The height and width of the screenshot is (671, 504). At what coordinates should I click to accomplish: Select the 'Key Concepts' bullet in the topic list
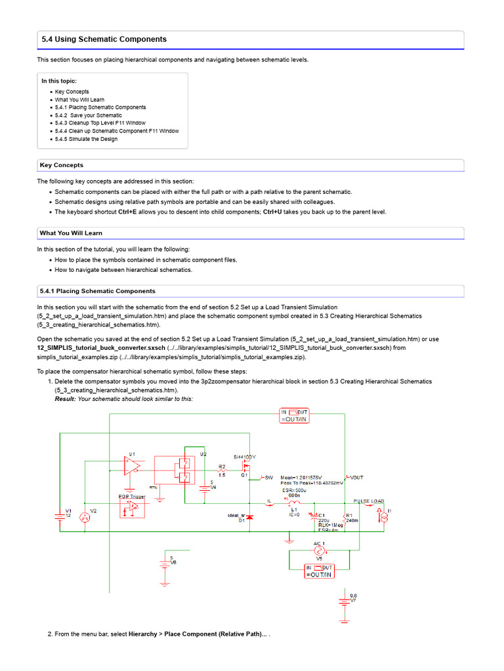(x=72, y=92)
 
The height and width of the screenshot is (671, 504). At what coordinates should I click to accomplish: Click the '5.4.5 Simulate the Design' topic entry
(x=86, y=139)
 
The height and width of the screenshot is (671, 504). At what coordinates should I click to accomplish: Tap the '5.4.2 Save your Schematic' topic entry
(x=88, y=115)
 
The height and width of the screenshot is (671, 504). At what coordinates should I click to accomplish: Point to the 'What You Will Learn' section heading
(x=71, y=233)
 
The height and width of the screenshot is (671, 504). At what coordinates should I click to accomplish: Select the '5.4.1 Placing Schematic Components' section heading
(x=97, y=291)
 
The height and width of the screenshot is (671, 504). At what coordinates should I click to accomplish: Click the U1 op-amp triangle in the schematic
(x=132, y=466)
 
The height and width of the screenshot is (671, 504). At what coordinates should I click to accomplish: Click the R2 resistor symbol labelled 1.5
(x=222, y=470)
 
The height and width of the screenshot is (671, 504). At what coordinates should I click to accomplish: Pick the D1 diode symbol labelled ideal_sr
(x=249, y=518)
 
